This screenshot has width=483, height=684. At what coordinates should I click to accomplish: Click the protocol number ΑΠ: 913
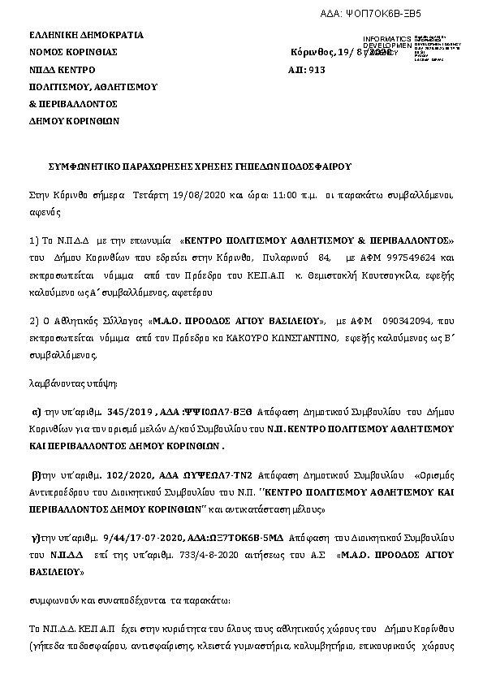307,71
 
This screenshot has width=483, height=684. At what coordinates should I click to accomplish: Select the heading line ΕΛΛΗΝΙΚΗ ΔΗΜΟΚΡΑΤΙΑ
86,35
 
